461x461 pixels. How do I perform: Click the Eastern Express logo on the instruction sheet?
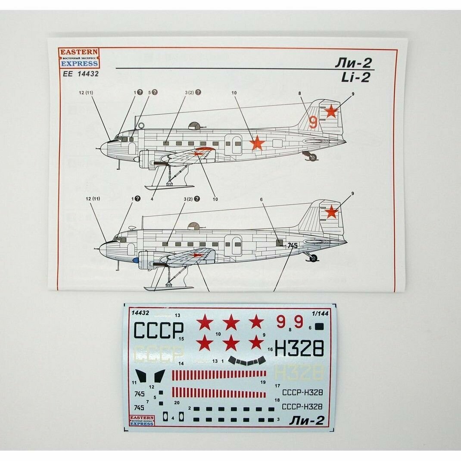(x=78, y=58)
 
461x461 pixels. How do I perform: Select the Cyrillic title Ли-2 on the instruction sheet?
(x=353, y=63)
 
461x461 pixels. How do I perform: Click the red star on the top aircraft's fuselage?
(x=257, y=143)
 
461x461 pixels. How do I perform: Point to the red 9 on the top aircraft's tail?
(x=313, y=122)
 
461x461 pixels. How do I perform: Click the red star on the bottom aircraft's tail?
(x=331, y=212)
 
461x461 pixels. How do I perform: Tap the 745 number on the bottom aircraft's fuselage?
(x=293, y=246)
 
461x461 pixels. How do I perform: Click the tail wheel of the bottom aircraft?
(x=313, y=258)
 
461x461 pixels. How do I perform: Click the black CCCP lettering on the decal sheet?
(x=158, y=330)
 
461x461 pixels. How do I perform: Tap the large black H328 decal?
(x=299, y=348)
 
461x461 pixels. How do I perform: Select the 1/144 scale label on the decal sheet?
(x=319, y=314)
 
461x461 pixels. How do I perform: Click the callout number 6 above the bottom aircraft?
(x=261, y=199)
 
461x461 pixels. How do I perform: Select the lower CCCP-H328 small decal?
(x=302, y=406)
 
